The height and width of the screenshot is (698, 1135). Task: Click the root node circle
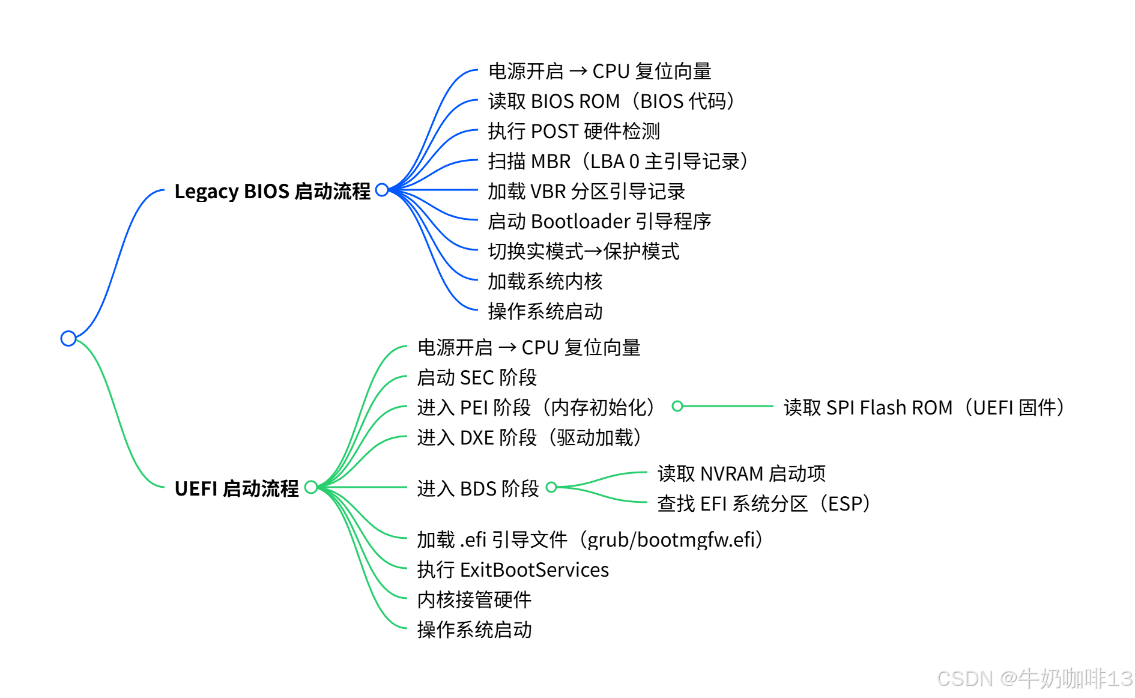coord(68,338)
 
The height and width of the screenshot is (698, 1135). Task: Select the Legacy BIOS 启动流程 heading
coord(272,191)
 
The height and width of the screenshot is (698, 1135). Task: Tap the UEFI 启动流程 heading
coord(236,488)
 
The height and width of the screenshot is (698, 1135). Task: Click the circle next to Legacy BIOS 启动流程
coord(382,190)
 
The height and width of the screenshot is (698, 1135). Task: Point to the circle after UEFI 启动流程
coord(311,487)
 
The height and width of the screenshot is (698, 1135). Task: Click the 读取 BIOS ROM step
coord(612,101)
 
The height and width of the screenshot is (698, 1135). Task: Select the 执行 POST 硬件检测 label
coord(574,131)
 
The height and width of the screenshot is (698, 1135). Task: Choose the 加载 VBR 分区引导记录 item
coord(586,191)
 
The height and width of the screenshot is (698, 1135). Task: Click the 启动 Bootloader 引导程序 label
coord(599,221)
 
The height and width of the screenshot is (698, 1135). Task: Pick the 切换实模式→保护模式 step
coord(583,251)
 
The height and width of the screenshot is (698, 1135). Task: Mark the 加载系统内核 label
coord(545,281)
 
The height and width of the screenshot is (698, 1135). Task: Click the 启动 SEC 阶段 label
coord(477,377)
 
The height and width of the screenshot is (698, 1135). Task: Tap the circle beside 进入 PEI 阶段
coord(677,406)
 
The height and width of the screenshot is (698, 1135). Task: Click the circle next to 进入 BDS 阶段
coord(551,487)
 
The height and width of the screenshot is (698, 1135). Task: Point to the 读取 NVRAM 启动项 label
coord(742,473)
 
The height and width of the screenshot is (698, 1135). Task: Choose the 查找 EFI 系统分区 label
coord(764,503)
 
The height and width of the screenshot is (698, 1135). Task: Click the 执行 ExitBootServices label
coord(513,569)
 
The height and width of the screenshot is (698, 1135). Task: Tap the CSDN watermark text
coord(1034,678)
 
